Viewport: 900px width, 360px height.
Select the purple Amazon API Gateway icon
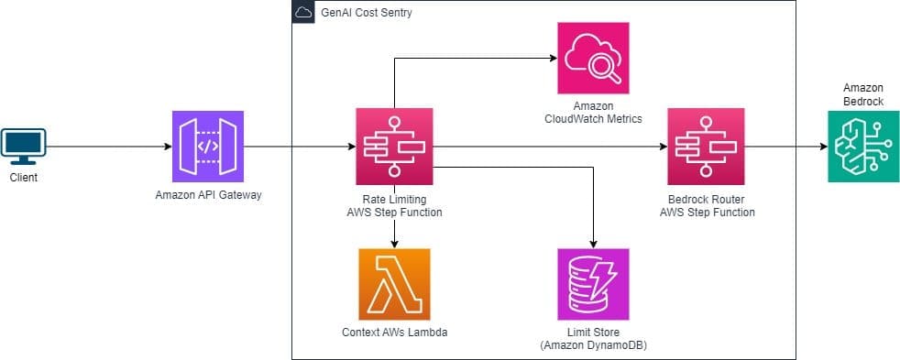coord(208,147)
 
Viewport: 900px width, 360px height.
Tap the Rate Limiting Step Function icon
coord(394,147)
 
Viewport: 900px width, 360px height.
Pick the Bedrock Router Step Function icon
coord(706,147)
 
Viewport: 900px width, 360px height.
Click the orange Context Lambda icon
coord(394,284)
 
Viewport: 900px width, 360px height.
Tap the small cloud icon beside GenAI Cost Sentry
coord(302,13)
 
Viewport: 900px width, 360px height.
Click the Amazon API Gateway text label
coord(208,195)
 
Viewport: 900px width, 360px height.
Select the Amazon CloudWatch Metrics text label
coord(593,112)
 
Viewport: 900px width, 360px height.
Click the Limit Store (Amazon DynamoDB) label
coord(593,338)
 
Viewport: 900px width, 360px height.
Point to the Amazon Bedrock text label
coord(862,94)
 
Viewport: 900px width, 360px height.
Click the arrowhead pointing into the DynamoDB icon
coord(593,244)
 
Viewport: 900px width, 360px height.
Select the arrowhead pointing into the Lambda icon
coord(394,244)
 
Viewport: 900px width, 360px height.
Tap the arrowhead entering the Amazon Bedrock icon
coord(821,147)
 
